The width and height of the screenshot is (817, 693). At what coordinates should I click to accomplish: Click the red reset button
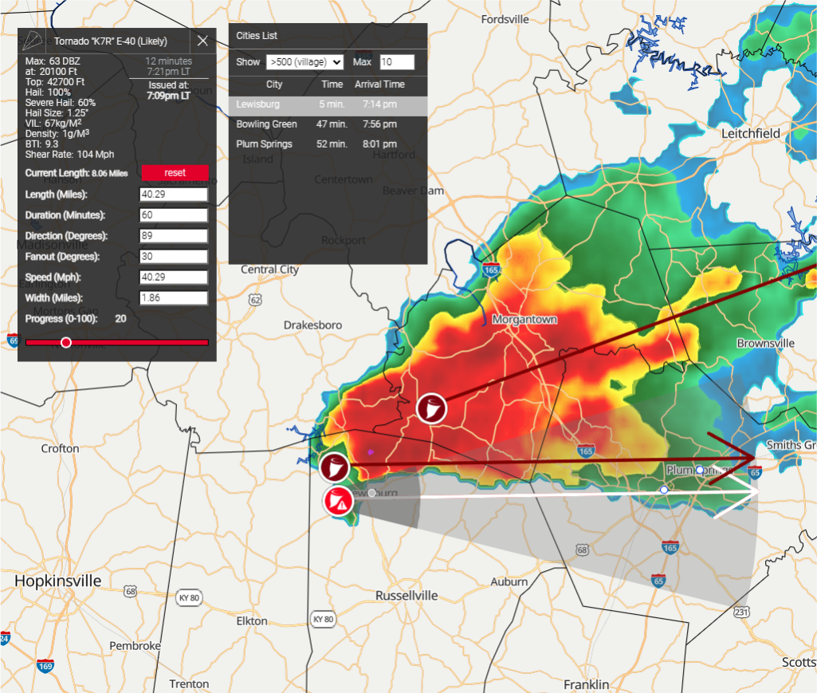(x=175, y=173)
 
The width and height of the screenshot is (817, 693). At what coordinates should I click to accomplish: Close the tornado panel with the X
(x=202, y=41)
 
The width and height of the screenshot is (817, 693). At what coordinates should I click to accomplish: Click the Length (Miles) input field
(x=174, y=195)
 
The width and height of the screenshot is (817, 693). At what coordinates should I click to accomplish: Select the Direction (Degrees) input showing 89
(x=174, y=236)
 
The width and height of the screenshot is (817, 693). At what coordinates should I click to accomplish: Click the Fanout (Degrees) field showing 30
(x=174, y=257)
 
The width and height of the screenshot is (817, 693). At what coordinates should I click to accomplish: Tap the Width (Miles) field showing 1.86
(x=174, y=297)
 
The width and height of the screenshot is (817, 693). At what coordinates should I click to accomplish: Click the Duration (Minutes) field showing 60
(x=174, y=215)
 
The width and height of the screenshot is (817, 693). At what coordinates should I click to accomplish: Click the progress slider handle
(x=66, y=342)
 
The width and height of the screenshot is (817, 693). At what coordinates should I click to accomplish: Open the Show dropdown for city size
(x=305, y=62)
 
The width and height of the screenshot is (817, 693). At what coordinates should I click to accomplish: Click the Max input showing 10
(x=396, y=62)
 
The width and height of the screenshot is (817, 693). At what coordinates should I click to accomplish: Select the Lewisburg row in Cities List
(x=328, y=104)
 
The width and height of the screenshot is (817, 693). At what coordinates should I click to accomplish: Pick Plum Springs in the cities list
(x=264, y=144)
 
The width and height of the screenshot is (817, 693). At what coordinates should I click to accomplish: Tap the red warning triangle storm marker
(x=338, y=502)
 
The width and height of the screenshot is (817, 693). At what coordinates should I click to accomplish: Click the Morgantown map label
(x=524, y=319)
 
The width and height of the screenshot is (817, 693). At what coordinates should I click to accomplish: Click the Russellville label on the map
(x=407, y=595)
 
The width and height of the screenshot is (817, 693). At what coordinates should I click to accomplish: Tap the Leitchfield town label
(x=750, y=134)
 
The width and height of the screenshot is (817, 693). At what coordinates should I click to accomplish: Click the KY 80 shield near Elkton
(x=323, y=619)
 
